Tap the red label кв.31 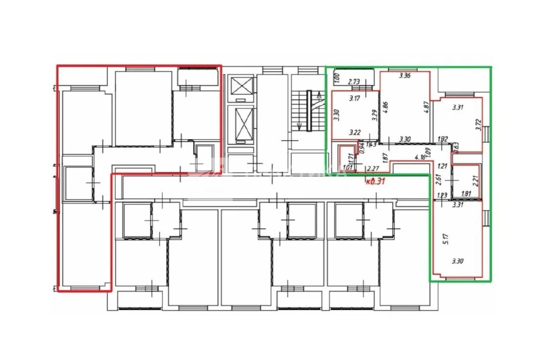tap(376, 181)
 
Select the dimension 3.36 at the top tap(405, 76)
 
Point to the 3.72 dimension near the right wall tap(477, 124)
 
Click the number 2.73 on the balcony tap(354, 82)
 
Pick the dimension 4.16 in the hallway tap(419, 156)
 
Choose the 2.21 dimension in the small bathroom tap(476, 181)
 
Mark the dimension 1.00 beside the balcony tap(338, 80)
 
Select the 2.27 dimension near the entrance tap(373, 168)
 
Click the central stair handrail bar tap(309, 111)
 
